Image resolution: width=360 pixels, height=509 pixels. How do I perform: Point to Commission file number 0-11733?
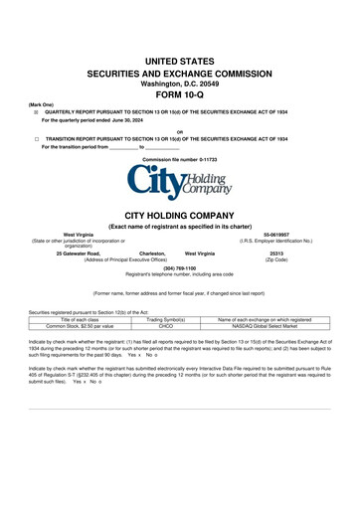(x=179, y=159)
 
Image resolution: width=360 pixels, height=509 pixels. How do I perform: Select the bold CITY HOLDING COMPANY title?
(x=179, y=214)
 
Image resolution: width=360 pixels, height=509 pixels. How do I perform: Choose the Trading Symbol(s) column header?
(x=167, y=318)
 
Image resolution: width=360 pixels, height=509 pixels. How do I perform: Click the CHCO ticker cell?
(x=167, y=325)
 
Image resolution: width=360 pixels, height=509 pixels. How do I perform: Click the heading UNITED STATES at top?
(x=180, y=62)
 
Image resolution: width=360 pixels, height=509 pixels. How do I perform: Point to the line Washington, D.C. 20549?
(x=180, y=84)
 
